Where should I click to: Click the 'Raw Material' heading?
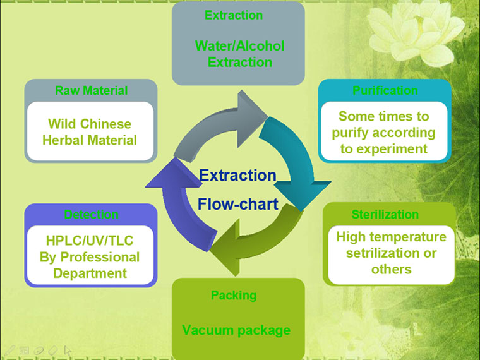click(x=91, y=90)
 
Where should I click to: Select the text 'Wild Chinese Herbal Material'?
click(x=89, y=132)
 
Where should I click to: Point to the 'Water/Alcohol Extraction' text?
click(x=239, y=54)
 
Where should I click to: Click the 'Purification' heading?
click(x=385, y=90)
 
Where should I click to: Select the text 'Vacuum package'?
click(x=236, y=330)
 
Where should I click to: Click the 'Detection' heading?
click(x=91, y=215)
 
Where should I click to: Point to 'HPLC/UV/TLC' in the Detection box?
click(x=90, y=241)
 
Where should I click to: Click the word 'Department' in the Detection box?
click(x=90, y=273)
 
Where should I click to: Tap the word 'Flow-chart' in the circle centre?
click(x=237, y=204)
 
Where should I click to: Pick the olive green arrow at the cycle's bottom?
click(x=253, y=243)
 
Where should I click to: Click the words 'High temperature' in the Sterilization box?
click(x=391, y=237)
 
